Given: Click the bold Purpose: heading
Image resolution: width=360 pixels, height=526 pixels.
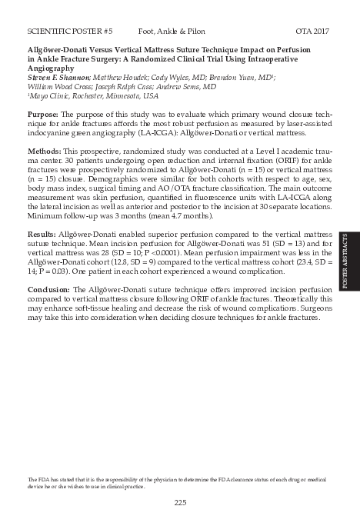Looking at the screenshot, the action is pyautogui.click(x=44, y=114).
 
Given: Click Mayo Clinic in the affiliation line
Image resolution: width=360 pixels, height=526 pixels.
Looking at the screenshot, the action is pyautogui.click(x=47, y=96).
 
